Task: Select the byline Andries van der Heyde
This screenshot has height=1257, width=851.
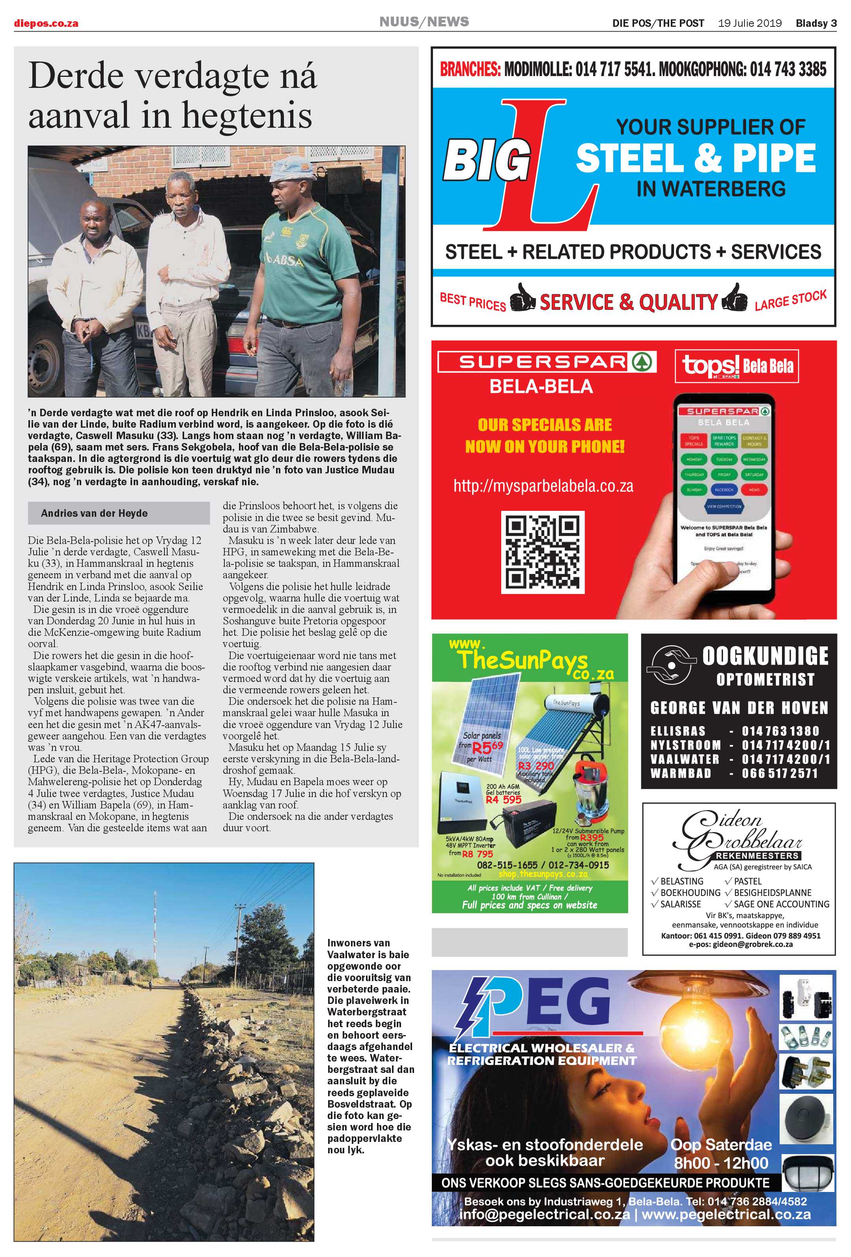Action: coord(94,513)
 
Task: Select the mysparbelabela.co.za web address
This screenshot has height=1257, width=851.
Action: coord(543,486)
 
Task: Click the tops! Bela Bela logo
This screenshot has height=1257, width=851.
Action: coord(737,366)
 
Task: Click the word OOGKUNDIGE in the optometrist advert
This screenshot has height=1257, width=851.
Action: coord(765,656)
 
